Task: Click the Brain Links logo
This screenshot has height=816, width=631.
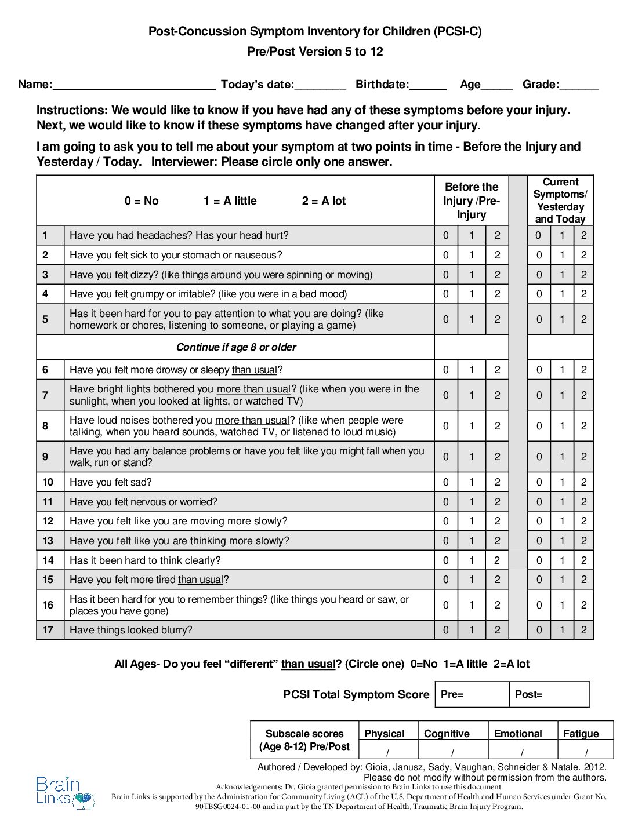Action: tap(64, 792)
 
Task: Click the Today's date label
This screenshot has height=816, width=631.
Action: tap(257, 85)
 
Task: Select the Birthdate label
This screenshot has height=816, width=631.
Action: tap(382, 85)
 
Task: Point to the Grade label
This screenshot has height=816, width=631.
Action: tap(541, 85)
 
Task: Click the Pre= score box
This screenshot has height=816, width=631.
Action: tap(472, 694)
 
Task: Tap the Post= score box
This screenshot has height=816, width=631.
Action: tap(550, 694)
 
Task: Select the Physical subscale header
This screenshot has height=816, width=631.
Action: tap(384, 734)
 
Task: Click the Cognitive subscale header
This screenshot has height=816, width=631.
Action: tap(447, 734)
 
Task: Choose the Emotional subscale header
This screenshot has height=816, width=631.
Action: tap(518, 734)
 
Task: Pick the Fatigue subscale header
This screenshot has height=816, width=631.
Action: tap(581, 734)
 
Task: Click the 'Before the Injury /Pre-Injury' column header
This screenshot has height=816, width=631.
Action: tap(472, 201)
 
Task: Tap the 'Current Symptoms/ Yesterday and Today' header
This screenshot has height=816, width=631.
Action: tap(560, 201)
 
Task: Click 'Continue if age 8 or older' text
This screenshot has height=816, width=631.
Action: tap(236, 347)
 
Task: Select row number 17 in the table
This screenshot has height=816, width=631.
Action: tap(48, 630)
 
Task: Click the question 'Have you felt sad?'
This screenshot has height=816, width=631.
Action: tap(110, 482)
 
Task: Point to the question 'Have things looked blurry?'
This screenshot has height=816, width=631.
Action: tap(130, 630)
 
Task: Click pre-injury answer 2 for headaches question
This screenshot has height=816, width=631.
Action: tap(497, 235)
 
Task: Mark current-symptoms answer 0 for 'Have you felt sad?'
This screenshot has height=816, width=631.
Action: tap(539, 482)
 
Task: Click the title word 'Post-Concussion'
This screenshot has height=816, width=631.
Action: tap(197, 31)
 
